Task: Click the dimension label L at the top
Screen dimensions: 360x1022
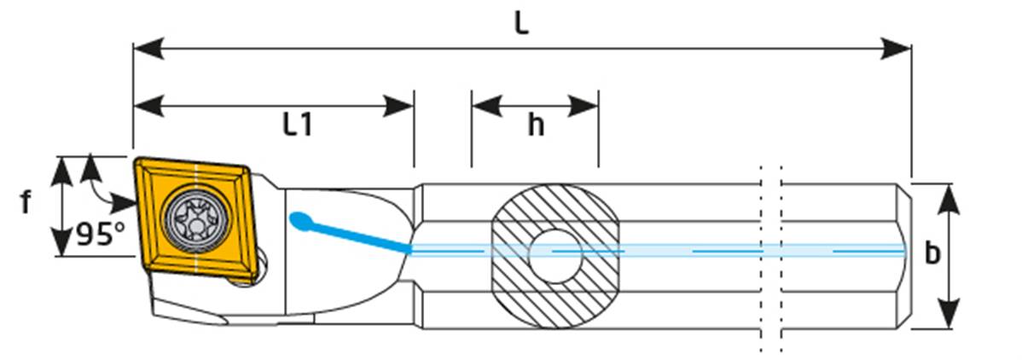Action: [x=521, y=23]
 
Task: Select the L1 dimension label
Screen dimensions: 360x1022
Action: [x=298, y=125]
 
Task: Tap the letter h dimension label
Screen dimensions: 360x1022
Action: [x=535, y=125]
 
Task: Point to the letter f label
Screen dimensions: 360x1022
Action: [x=26, y=203]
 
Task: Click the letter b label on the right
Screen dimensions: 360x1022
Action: [x=933, y=253]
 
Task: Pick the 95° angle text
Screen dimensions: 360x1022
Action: [x=101, y=234]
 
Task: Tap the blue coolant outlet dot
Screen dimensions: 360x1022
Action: [x=298, y=221]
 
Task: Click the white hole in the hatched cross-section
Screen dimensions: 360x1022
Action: [x=555, y=253]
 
